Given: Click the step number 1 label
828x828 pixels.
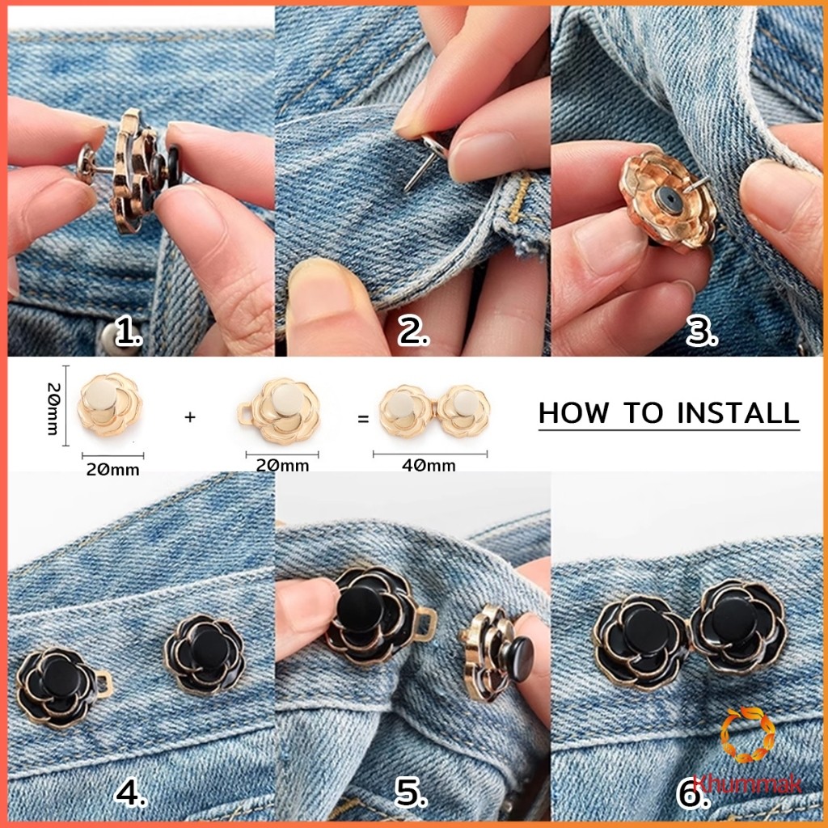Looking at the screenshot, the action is (x=129, y=332).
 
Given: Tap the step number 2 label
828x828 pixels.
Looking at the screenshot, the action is (x=413, y=332).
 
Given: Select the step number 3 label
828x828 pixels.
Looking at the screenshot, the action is (x=702, y=332).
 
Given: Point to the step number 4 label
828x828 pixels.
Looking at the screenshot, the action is (x=130, y=792).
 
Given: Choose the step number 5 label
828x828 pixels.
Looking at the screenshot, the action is (x=411, y=792).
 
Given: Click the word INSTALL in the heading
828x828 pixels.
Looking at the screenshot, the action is (x=737, y=413).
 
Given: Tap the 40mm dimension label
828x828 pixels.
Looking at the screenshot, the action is (x=429, y=465).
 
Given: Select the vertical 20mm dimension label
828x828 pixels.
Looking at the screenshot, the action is (x=53, y=408).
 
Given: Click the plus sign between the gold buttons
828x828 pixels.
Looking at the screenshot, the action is (x=190, y=417).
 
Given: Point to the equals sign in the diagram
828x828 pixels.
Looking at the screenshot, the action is (x=363, y=420).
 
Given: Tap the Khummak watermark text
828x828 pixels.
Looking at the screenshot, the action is (x=747, y=784).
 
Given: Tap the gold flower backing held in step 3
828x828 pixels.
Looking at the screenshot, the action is (x=668, y=201).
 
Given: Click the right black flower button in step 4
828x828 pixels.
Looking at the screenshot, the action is (x=205, y=655).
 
